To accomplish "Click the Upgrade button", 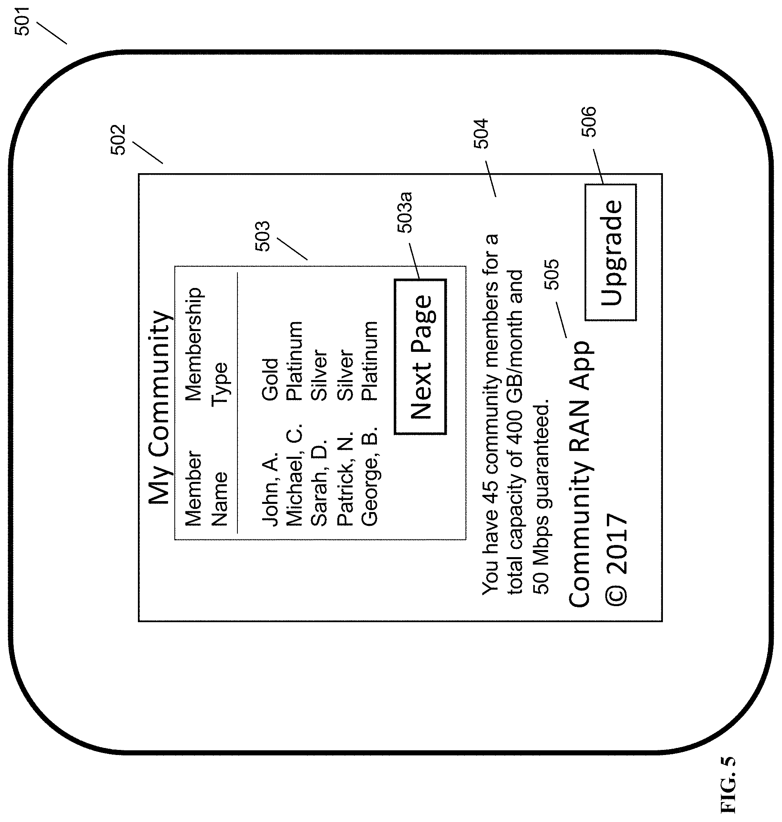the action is tap(611, 253).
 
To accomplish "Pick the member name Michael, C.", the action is tap(294, 475).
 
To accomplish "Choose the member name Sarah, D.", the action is tap(319, 482).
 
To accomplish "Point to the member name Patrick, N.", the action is tap(345, 478).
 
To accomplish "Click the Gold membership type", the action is tap(270, 379).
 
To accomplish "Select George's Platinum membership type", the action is tap(369, 361).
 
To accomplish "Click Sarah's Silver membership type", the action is tap(319, 375).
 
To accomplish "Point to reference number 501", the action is tap(22, 21).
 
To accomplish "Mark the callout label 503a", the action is tap(404, 212).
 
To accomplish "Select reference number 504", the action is tap(481, 134).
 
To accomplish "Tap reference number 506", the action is tap(589, 122).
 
